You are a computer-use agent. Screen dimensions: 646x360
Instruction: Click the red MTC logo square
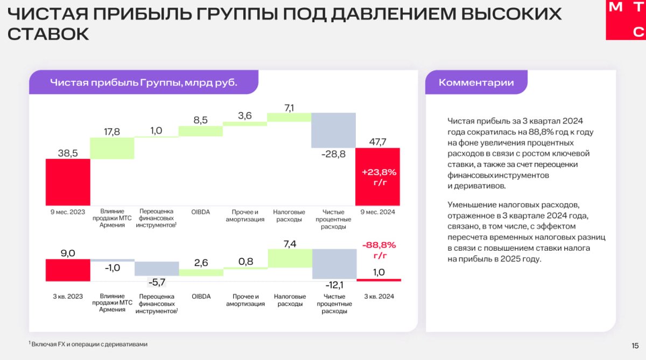pyautogui.click(x=626, y=19)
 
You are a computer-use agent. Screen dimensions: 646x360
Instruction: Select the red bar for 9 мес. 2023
pyautogui.click(x=68, y=182)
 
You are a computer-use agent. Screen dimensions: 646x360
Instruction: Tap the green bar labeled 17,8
pyautogui.click(x=112, y=148)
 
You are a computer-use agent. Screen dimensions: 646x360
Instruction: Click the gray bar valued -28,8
pyautogui.click(x=333, y=130)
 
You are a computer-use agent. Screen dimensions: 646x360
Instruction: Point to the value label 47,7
pyautogui.click(x=377, y=142)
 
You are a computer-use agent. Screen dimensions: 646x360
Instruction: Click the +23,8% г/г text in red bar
pyautogui.click(x=379, y=177)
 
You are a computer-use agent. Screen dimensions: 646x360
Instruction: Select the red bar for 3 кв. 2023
pyautogui.click(x=68, y=270)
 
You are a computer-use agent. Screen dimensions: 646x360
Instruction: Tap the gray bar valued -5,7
pyautogui.click(x=157, y=269)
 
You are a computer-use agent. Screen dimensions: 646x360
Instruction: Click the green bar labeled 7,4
pyautogui.click(x=290, y=258)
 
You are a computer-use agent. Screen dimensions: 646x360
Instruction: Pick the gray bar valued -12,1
pyautogui.click(x=334, y=264)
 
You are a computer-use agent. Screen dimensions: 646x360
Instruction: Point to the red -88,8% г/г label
pyautogui.click(x=379, y=250)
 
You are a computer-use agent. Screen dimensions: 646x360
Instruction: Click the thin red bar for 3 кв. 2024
pyautogui.click(x=379, y=280)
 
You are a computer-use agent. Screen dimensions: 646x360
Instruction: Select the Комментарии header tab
pyautogui.click(x=476, y=82)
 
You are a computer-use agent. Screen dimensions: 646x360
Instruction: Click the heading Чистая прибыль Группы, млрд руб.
pyautogui.click(x=144, y=82)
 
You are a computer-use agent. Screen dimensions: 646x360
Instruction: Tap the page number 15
pyautogui.click(x=635, y=345)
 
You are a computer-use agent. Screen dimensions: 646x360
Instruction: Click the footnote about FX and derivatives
pyautogui.click(x=88, y=344)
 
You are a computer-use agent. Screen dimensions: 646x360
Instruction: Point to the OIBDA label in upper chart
pyautogui.click(x=201, y=212)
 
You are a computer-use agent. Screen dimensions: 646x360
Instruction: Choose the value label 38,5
pyautogui.click(x=68, y=153)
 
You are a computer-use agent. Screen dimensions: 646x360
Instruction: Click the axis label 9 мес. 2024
pyautogui.click(x=377, y=212)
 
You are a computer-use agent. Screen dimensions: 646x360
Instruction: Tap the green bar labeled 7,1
pyautogui.click(x=289, y=117)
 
